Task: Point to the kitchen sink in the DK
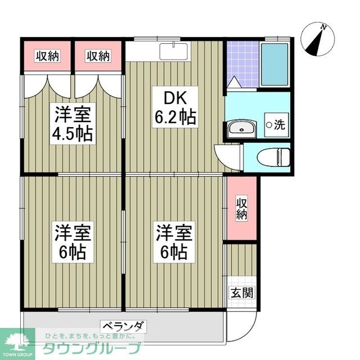point(174,51)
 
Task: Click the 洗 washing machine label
point(275,125)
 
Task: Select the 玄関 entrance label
point(241,292)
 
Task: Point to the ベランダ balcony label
point(124,326)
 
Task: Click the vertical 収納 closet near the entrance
point(241,208)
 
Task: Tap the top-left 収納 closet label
point(48,56)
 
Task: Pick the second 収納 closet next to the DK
point(98,56)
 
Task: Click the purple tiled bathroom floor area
point(242,64)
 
